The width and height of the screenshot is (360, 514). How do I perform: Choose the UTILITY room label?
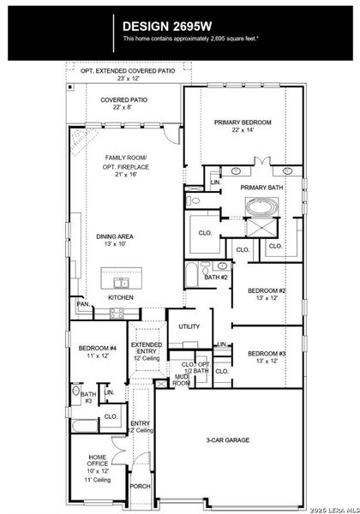pyautogui.click(x=189, y=326)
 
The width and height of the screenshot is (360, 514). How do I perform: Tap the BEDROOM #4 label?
pyautogui.click(x=96, y=348)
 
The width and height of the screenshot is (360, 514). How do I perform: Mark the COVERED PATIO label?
pyautogui.click(x=123, y=100)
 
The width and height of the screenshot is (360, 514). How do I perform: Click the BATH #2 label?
pyautogui.click(x=216, y=277)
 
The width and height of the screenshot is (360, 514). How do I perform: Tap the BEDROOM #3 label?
pyautogui.click(x=267, y=353)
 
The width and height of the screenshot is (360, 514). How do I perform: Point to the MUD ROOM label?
pyautogui.click(x=182, y=380)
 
